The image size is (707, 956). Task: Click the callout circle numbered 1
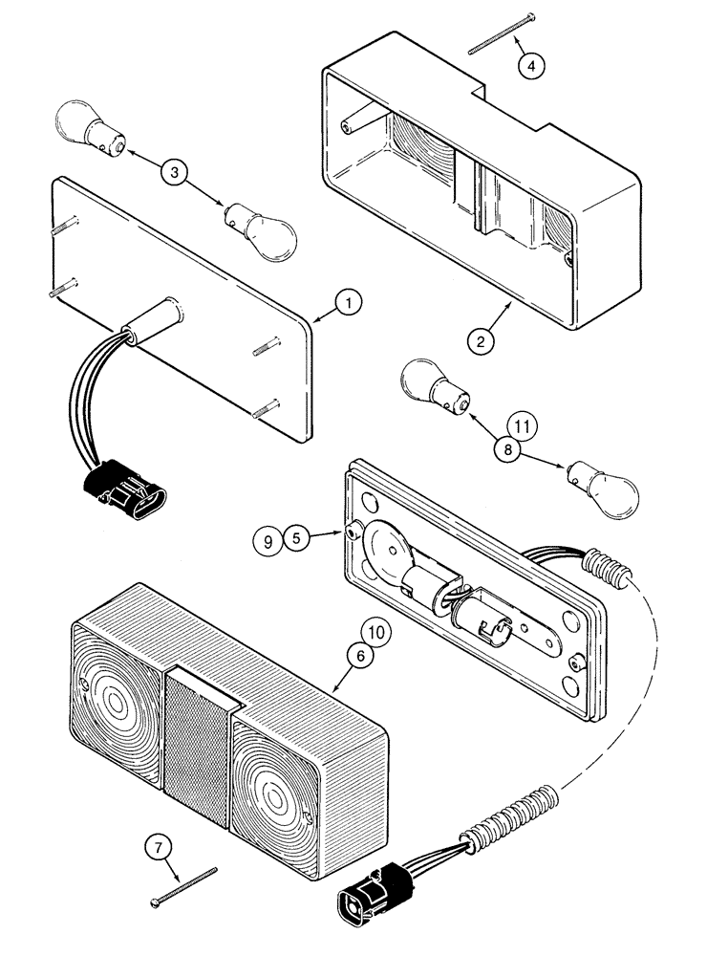click(350, 305)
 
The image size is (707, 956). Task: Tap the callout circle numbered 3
click(174, 172)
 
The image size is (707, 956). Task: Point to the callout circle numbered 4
click(532, 66)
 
